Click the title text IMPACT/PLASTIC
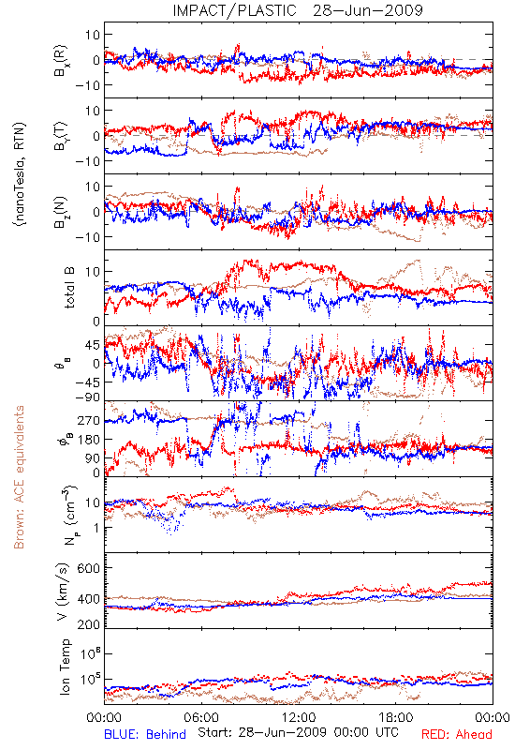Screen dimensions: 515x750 click(234, 10)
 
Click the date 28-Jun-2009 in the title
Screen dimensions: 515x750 click(368, 10)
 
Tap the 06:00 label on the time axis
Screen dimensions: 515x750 click(201, 717)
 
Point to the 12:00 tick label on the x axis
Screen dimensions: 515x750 click(299, 717)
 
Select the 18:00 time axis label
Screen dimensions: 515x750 click(396, 717)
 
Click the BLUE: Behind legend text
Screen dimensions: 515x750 click(145, 734)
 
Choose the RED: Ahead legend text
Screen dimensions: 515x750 click(457, 734)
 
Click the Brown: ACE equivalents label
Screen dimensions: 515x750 click(19, 477)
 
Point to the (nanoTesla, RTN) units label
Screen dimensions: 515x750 click(20, 174)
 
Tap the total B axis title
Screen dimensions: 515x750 click(69, 288)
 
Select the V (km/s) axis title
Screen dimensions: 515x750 click(63, 592)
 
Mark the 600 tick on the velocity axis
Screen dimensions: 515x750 click(89, 568)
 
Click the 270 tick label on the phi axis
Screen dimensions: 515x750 click(89, 420)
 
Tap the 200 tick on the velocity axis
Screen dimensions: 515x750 click(89, 624)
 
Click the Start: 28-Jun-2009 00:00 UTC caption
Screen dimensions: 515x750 click(298, 732)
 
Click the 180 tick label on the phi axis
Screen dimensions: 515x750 click(89, 439)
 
